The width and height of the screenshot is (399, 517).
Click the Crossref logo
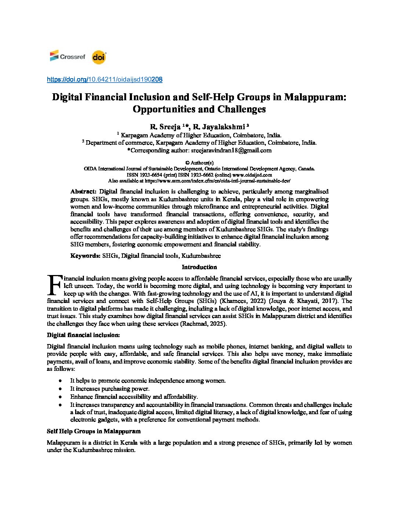[67, 57]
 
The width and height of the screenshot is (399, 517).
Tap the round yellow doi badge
[99, 57]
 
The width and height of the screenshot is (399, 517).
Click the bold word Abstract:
[83, 191]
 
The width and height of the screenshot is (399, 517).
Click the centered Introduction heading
[199, 267]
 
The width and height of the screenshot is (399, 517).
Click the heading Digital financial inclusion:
[83, 335]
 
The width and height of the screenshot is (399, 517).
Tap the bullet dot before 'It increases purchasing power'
[60, 389]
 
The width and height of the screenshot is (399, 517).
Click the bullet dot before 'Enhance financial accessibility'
[60, 397]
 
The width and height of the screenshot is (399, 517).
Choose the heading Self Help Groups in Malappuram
[94, 431]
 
